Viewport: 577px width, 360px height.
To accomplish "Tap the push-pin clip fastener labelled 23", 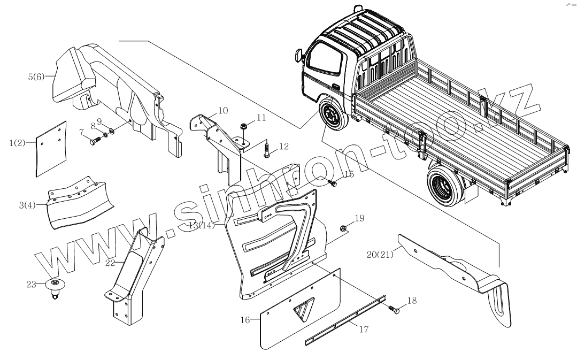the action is [x=55, y=286].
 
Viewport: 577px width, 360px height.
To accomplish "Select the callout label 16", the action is [x=245, y=320].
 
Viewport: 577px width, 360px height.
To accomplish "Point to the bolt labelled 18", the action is [x=394, y=309].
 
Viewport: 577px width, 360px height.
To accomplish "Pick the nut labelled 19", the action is [x=344, y=229].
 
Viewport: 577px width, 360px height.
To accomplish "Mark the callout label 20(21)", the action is [x=380, y=254].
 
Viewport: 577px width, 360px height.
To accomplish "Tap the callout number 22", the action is [x=110, y=263].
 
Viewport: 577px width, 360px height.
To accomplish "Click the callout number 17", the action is [x=363, y=329].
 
